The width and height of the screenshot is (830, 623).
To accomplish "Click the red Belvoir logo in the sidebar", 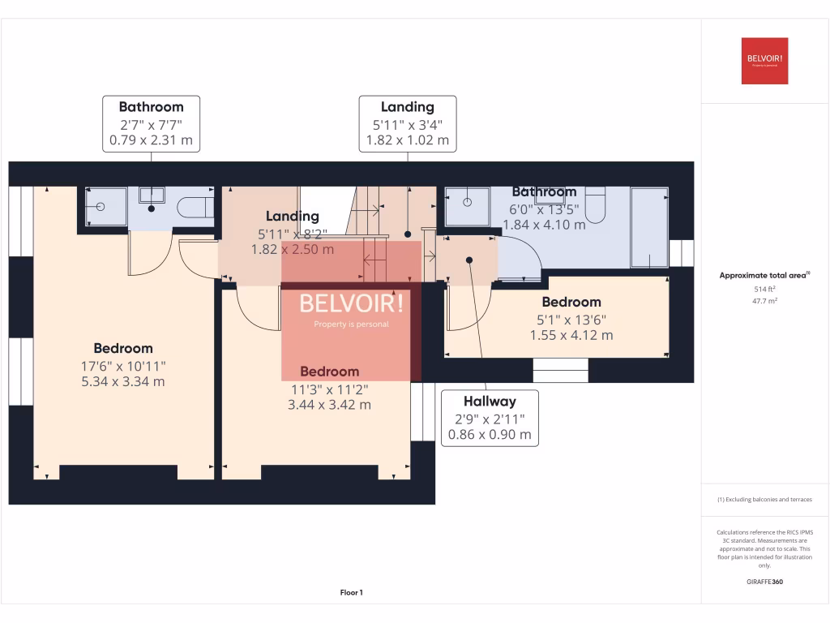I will coord(764,61).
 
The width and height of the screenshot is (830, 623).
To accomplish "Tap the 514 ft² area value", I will coord(764,289).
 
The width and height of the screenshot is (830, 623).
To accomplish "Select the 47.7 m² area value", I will coord(764,300).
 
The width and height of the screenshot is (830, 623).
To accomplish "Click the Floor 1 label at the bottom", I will coord(351,593).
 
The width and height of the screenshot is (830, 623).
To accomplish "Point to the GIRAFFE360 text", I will coord(764,582).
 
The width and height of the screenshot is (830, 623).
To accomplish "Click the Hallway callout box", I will coord(490,417).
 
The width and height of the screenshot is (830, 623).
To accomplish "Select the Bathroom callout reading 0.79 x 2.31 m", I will coord(151,123).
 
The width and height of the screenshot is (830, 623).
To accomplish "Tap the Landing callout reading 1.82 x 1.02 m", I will coord(408,123).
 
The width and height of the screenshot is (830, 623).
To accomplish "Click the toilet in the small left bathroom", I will coord(195,208).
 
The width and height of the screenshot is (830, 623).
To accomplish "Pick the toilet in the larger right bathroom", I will coord(595,204).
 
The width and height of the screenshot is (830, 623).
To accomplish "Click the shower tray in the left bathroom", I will coord(106,207).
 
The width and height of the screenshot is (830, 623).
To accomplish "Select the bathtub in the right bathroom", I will coord(649,227).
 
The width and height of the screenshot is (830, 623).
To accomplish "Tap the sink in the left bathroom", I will coord(151,195).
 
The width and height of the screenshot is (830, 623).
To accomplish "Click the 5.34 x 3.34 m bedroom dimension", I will coord(122,381).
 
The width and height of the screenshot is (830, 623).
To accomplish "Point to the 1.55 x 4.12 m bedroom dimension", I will coord(571,334).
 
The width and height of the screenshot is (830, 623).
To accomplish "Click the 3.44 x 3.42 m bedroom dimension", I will coord(329,404).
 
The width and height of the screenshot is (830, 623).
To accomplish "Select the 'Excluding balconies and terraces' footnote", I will coord(764,500).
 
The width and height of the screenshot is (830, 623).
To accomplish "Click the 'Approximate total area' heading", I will coord(764,276).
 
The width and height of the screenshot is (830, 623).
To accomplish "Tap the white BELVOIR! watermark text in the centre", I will coord(351,303).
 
